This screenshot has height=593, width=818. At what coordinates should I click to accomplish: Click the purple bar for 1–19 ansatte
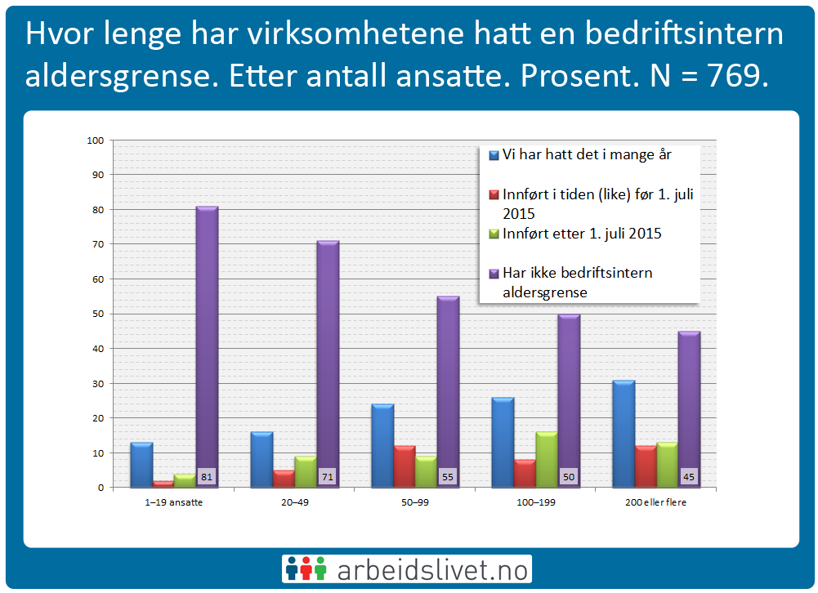click(207, 343)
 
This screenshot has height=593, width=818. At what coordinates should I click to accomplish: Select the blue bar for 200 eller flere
click(624, 434)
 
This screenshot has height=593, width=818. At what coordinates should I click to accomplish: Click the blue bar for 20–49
click(261, 459)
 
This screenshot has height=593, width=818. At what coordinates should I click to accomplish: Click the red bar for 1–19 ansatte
click(163, 484)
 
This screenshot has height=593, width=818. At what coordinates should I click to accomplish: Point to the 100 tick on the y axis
click(95, 140)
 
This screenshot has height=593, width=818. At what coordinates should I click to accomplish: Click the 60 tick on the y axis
click(98, 279)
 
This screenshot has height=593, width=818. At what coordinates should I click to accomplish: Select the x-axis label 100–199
click(535, 502)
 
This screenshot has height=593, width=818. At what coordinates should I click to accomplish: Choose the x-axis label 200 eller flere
click(656, 502)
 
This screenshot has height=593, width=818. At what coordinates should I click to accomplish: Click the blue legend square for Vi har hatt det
click(494, 154)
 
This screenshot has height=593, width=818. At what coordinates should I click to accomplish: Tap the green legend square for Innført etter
click(494, 234)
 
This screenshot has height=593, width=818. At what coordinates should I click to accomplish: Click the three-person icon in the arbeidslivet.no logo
click(305, 569)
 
